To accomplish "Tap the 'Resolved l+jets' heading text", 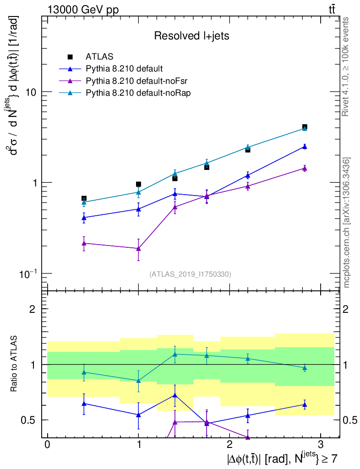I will click(191, 36).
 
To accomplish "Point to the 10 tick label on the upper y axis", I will click(30, 92).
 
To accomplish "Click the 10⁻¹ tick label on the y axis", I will click(28, 273).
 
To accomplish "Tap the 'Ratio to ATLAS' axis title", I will click(14, 364).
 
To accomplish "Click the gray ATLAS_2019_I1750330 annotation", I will click(190, 274).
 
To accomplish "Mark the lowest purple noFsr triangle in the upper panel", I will click(138, 248).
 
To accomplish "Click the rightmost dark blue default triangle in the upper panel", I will click(304, 147).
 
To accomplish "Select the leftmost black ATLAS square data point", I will click(84, 198).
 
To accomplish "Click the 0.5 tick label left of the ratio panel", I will click(32, 420).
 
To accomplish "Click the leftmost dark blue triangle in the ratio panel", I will click(84, 403).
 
